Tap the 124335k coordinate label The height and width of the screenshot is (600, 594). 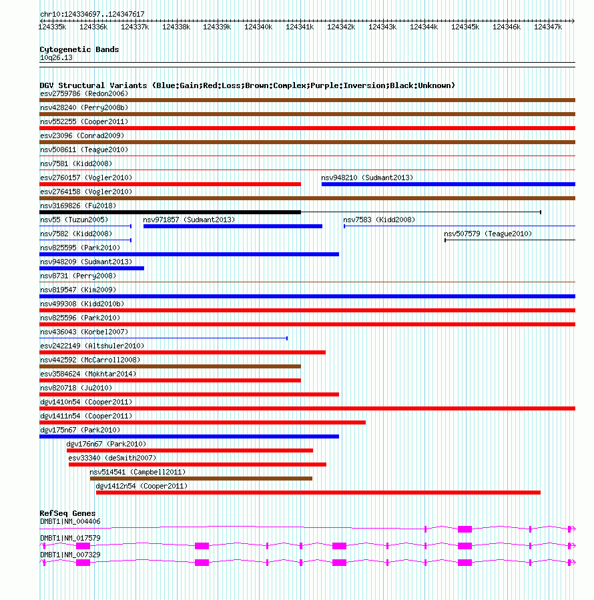click(52, 27)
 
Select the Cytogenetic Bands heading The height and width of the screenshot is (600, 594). click(79, 49)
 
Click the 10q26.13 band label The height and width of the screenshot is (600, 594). click(56, 57)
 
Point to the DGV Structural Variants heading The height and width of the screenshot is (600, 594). click(247, 85)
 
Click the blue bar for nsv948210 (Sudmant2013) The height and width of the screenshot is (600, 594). click(448, 184)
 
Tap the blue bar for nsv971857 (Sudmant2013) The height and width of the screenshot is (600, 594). click(232, 226)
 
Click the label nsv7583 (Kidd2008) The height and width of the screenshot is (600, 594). click(378, 220)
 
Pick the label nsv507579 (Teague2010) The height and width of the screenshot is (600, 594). click(488, 234)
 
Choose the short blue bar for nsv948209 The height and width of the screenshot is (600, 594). click(92, 268)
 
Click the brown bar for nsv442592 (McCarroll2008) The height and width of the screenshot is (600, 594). click(170, 366)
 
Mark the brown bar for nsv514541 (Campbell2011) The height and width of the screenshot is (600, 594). click(201, 479)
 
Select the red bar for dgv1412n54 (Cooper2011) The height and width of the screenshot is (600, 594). click(318, 493)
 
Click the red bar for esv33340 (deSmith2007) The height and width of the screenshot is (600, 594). click(197, 465)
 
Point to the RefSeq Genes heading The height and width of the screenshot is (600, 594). click(67, 513)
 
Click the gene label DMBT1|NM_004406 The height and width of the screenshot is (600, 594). click(70, 521)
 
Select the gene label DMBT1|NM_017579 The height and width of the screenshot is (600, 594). click(70, 538)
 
